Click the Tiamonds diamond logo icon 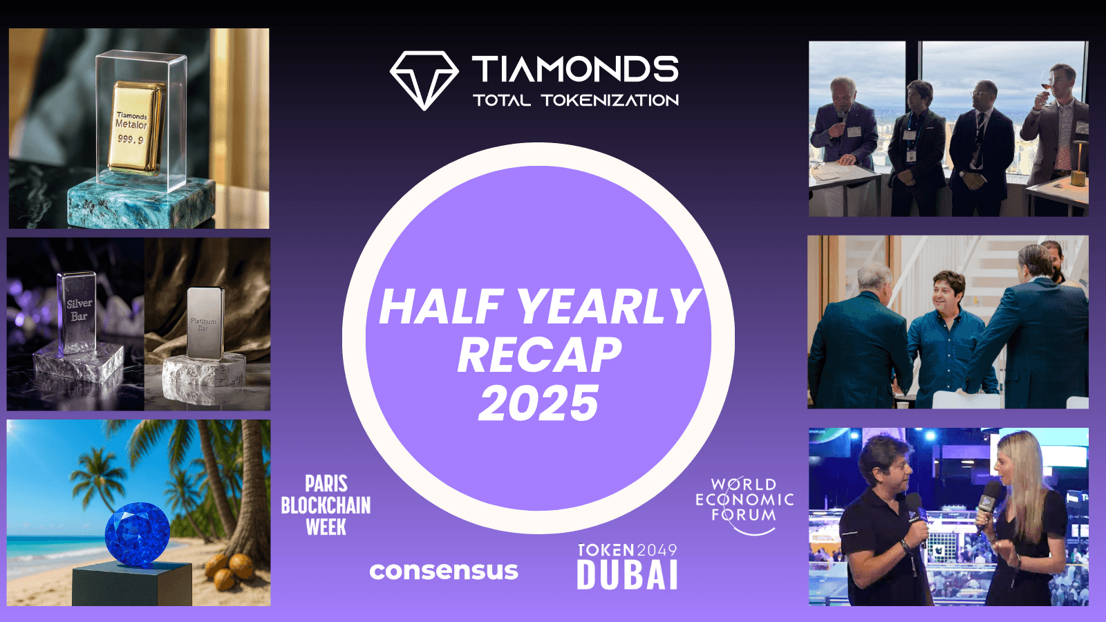click(424, 80)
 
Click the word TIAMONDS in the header click(575, 68)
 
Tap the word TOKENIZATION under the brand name click(610, 100)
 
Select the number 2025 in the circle click(538, 404)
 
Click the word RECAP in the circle click(539, 355)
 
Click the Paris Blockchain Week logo click(326, 505)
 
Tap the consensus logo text click(444, 571)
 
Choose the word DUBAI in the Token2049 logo click(627, 574)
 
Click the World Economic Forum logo click(744, 504)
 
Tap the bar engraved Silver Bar click(77, 312)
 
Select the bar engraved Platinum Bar click(205, 323)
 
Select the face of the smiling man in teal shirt click(946, 292)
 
